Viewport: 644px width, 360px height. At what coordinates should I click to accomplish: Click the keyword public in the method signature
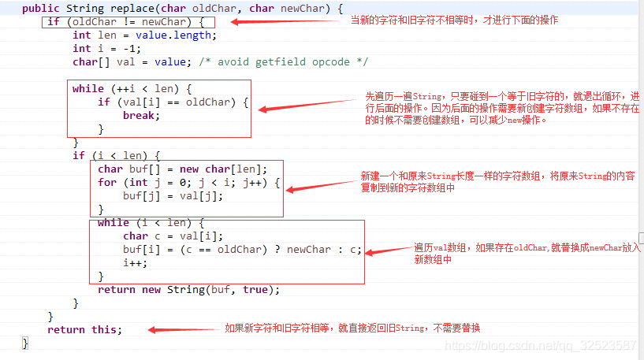coord(40,8)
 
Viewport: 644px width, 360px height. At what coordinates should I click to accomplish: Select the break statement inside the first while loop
coord(141,115)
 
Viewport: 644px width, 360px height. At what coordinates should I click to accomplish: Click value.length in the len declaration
coord(177,35)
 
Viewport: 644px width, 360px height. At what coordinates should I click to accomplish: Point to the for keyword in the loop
coord(107,182)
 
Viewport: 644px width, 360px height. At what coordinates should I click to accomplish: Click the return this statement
coord(85,329)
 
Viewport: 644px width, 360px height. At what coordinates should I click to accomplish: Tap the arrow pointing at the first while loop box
coord(307,104)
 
